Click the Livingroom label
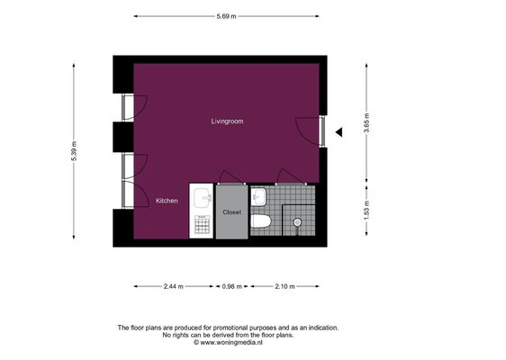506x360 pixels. click(x=227, y=121)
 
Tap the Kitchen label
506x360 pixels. click(x=167, y=201)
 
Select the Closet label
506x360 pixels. click(x=232, y=212)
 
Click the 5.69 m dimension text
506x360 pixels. click(x=226, y=16)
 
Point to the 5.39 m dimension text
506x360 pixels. click(x=74, y=151)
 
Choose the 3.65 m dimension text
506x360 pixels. click(x=366, y=123)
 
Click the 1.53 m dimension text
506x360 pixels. click(x=366, y=211)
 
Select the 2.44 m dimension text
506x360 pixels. click(x=174, y=286)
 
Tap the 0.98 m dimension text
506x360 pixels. click(x=232, y=286)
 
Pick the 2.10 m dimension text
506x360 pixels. click(x=285, y=286)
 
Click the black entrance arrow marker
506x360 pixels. click(x=339, y=132)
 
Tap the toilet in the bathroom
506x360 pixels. click(x=261, y=221)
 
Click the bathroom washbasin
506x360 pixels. click(x=258, y=197)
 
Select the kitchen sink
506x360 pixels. click(x=203, y=198)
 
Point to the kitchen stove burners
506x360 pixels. click(x=203, y=224)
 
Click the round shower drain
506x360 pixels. click(x=297, y=222)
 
